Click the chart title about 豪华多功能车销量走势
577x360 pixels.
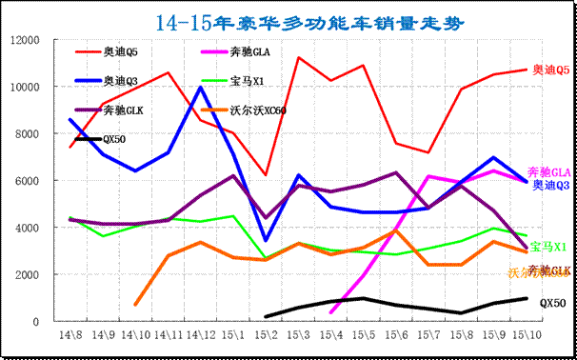(288, 20)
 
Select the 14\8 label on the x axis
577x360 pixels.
(70, 336)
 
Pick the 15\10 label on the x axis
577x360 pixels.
(528, 336)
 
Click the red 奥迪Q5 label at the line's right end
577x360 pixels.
(551, 70)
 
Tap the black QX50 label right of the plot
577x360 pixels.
(552, 302)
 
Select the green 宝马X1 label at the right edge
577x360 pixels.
(549, 247)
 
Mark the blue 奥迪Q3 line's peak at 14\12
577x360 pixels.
(199, 88)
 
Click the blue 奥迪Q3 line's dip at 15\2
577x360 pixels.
(265, 241)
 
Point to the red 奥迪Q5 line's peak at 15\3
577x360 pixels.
(298, 58)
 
